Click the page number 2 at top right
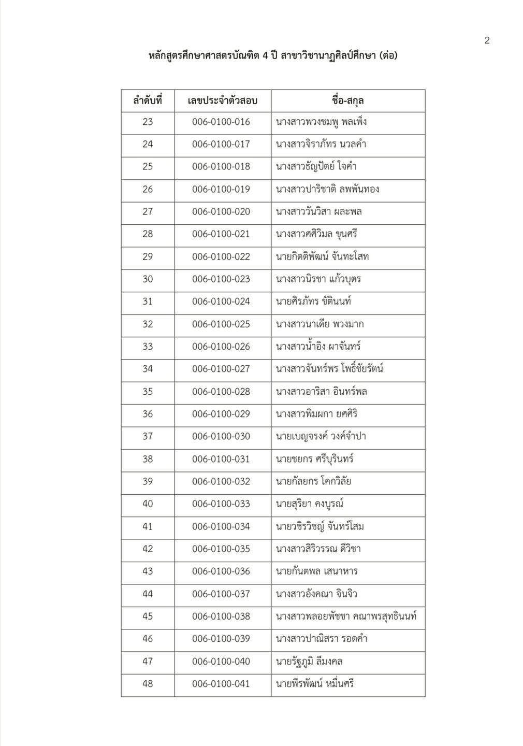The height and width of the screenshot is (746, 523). [487, 40]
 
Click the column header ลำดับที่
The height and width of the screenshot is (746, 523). [148, 101]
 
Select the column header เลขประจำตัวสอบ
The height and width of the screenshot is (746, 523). [222, 101]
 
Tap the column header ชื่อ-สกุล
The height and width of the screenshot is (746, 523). [348, 101]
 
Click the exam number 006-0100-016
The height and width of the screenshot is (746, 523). [221, 122]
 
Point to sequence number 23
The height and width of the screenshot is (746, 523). [148, 122]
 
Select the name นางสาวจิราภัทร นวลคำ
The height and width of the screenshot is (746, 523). [321, 145]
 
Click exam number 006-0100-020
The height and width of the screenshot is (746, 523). [221, 212]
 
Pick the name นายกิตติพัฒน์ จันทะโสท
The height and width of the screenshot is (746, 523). [323, 257]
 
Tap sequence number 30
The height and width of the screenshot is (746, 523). [148, 279]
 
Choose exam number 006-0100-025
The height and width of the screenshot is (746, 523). [221, 324]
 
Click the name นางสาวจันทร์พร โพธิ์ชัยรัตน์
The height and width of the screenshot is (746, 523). [329, 369]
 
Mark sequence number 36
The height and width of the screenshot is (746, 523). [148, 414]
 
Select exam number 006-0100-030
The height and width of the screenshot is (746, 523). [221, 437]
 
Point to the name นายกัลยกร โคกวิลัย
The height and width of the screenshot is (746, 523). [314, 482]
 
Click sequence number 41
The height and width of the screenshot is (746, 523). [148, 527]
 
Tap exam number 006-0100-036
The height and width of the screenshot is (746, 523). [221, 571]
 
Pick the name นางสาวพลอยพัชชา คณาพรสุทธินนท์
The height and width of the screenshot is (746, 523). [346, 616]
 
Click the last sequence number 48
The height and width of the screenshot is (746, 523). [148, 684]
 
